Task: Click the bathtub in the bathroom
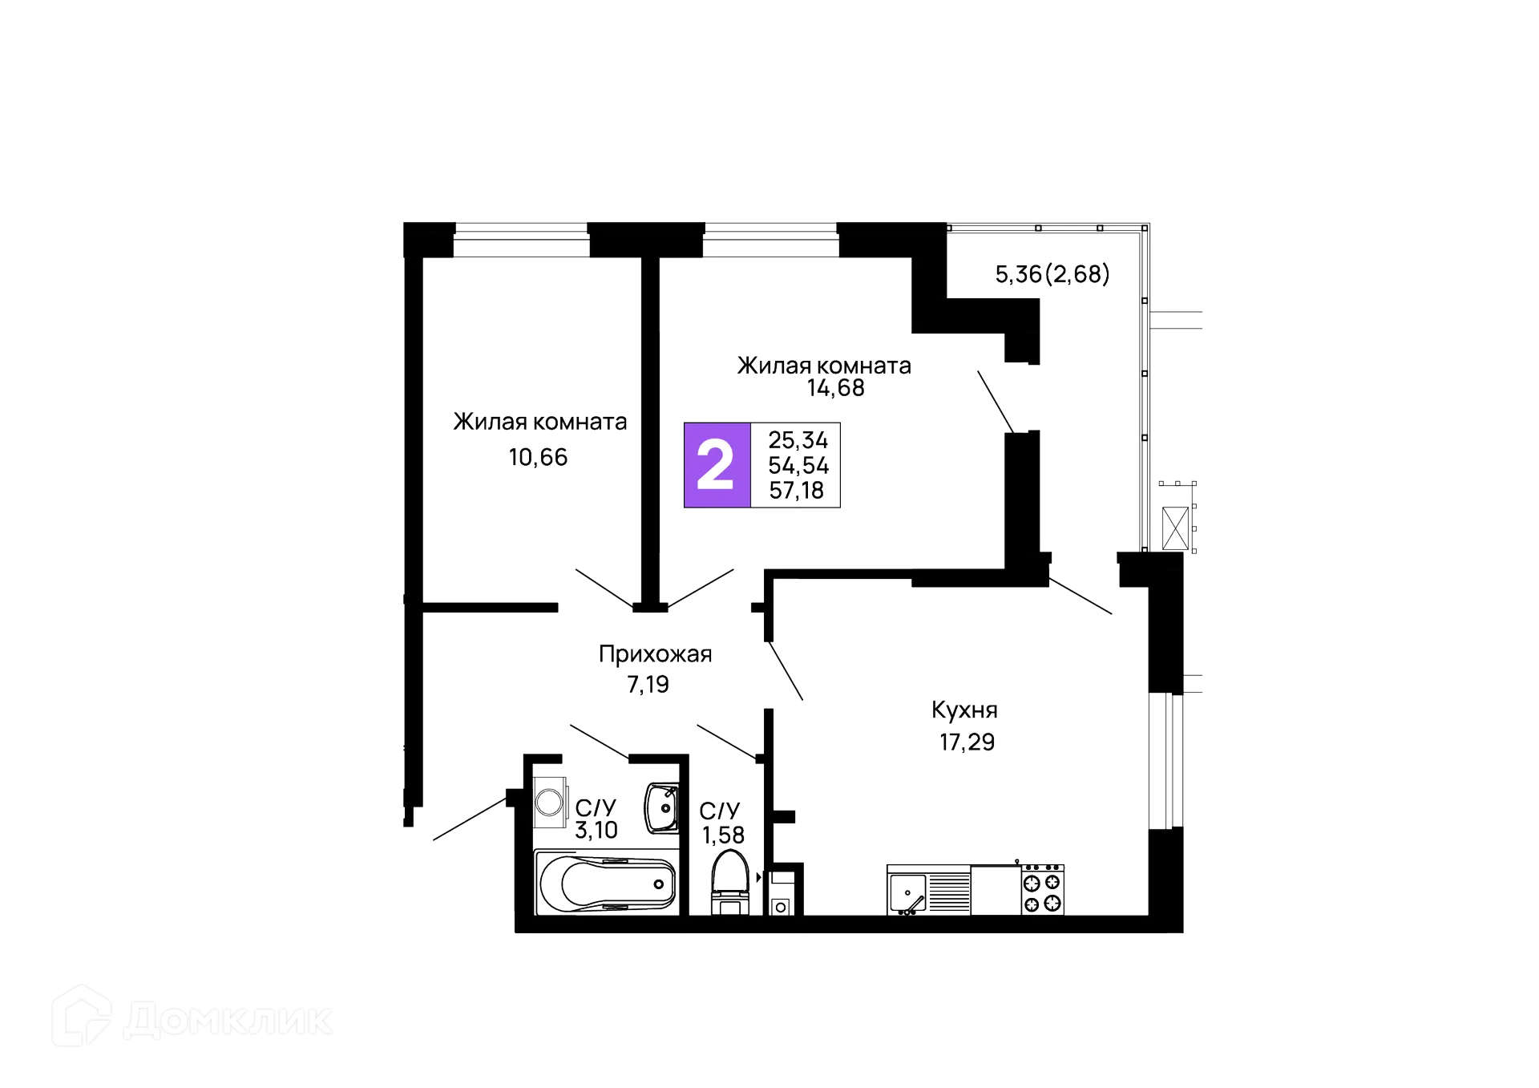click(608, 884)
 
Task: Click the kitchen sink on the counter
click(908, 892)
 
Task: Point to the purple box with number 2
click(717, 465)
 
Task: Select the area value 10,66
click(537, 458)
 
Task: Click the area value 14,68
click(836, 389)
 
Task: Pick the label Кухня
click(964, 710)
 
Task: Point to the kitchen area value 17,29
click(967, 742)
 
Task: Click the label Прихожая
click(654, 655)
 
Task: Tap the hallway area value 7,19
click(649, 686)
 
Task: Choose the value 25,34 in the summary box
click(798, 439)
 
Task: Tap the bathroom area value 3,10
click(596, 830)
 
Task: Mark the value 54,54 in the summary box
click(798, 465)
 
